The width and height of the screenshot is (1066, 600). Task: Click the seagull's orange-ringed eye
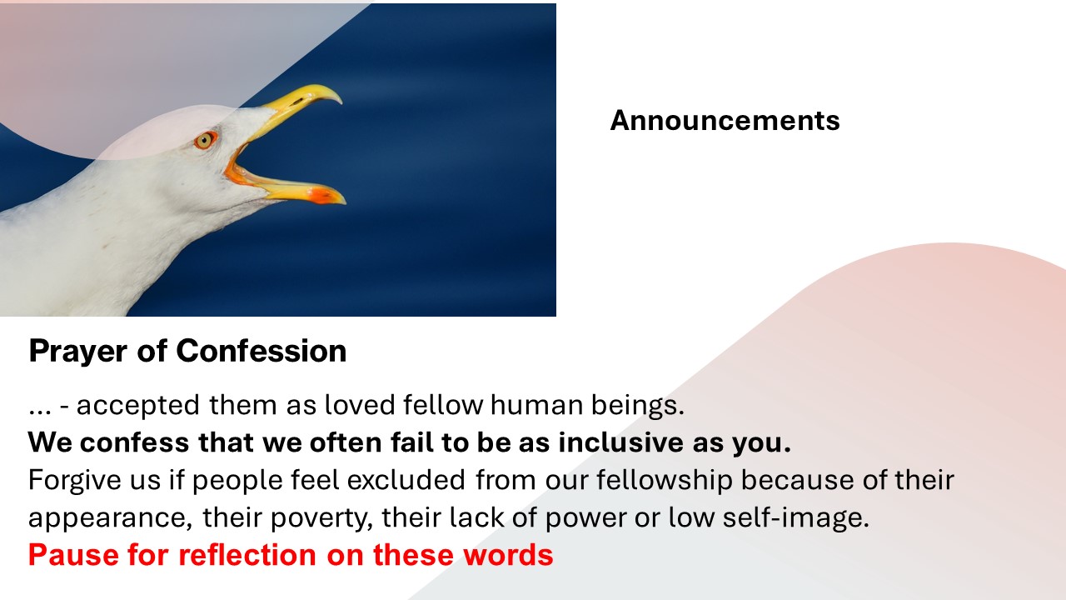click(x=205, y=141)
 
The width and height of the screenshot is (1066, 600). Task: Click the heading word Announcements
click(x=725, y=120)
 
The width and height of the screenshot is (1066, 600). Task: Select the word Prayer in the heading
click(x=78, y=352)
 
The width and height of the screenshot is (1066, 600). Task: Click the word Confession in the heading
click(x=262, y=351)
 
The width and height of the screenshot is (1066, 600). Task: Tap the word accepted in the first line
click(x=137, y=406)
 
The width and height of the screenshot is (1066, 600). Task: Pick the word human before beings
click(x=537, y=405)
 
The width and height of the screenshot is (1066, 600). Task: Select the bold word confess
click(x=134, y=442)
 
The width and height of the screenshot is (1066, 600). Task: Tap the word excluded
click(x=406, y=479)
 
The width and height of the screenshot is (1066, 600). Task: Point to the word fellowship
click(x=665, y=480)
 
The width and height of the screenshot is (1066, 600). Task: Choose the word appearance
click(x=111, y=517)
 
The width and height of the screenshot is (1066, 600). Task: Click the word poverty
click(x=321, y=518)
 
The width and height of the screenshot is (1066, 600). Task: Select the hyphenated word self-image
click(x=795, y=517)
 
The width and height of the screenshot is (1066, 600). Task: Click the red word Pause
click(x=74, y=555)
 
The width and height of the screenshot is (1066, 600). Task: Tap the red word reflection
click(x=247, y=555)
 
